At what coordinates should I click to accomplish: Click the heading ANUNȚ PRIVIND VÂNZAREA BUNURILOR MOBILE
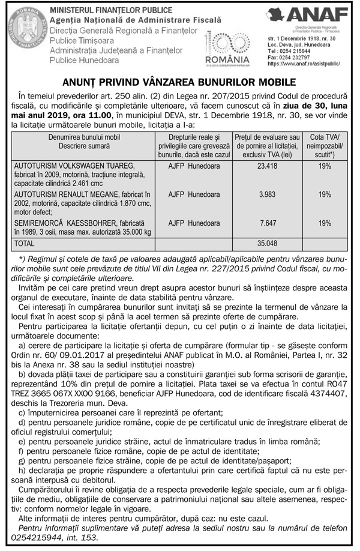tap(179, 82)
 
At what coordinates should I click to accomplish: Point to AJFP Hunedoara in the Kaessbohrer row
tap(193, 223)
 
